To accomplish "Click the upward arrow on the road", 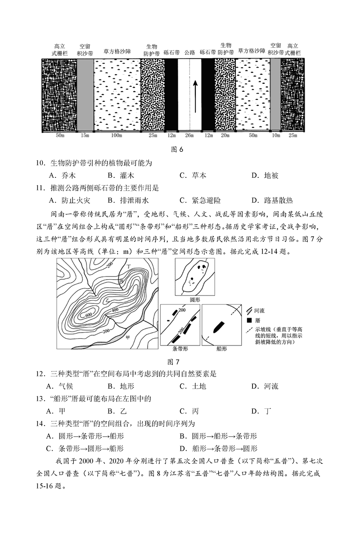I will (195, 96).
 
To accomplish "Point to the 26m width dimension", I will (189, 136).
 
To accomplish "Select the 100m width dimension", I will (117, 136).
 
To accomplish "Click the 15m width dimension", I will (85, 136).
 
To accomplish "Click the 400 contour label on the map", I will (115, 310).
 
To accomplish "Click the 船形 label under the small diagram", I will (221, 349).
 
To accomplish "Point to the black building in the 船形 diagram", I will (218, 326).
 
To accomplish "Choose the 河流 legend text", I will (260, 311).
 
